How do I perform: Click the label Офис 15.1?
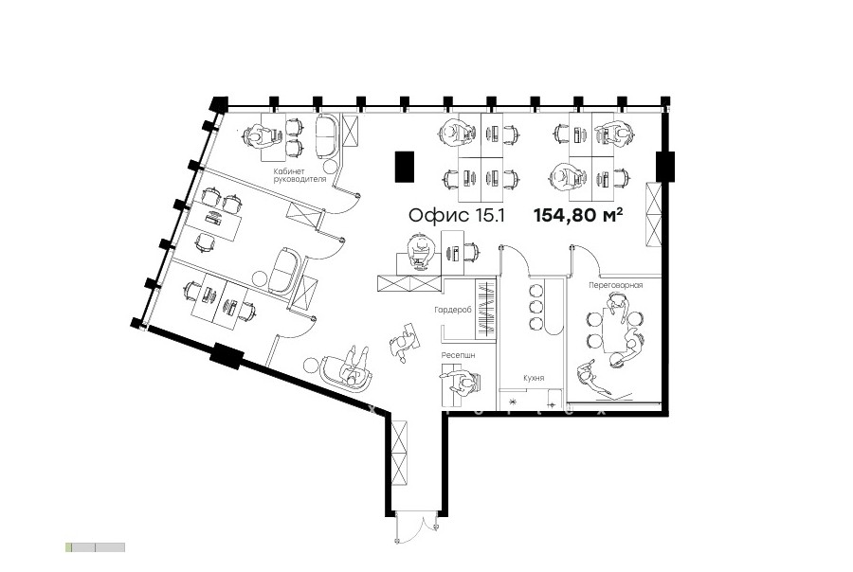click(x=457, y=215)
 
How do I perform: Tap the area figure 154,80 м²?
click(x=578, y=215)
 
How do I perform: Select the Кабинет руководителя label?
click(x=299, y=174)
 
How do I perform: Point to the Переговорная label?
click(x=615, y=285)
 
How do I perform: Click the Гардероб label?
click(x=453, y=310)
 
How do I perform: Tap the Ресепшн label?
click(x=458, y=355)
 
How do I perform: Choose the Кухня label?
click(x=534, y=378)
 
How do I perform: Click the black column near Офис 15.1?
click(x=404, y=167)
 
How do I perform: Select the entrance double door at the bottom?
click(x=416, y=527)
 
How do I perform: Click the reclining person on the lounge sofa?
click(x=354, y=367)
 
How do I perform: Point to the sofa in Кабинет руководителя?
click(x=328, y=134)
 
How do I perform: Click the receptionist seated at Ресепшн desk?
click(x=463, y=384)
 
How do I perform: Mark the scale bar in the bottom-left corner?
click(x=95, y=547)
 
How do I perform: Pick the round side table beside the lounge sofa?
click(x=311, y=364)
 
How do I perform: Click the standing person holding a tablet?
click(x=404, y=343)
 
